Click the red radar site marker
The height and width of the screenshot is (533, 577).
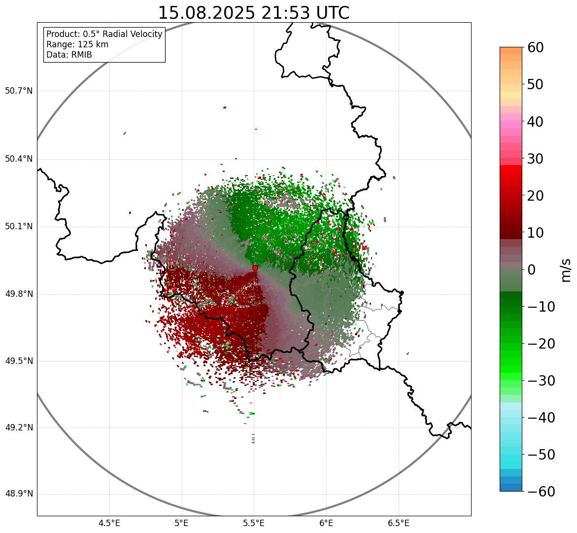pos(255,268)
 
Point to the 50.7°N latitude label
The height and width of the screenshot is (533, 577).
pos(19,91)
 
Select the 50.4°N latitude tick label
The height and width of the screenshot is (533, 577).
pos(19,159)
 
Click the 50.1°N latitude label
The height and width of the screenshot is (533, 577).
pos(19,227)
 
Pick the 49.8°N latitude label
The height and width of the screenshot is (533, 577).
pos(19,294)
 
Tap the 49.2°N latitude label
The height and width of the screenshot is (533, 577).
pos(19,427)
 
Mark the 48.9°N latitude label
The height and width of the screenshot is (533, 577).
pos(19,494)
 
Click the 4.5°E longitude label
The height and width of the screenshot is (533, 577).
pos(109,523)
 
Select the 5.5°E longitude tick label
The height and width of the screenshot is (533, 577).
pos(254,523)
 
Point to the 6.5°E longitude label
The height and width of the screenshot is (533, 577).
pos(399,523)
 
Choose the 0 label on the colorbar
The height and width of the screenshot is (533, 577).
pos(531,270)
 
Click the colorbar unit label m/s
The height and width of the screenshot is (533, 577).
pos(566,270)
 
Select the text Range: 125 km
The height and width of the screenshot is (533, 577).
pos(77,44)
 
